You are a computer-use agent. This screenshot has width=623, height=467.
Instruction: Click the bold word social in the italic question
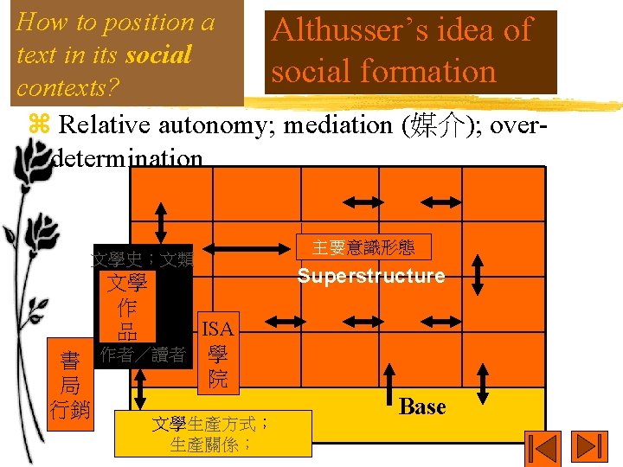[x=157, y=55]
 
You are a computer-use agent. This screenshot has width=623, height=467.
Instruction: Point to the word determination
[x=127, y=159]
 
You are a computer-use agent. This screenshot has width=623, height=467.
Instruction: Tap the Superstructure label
[x=371, y=276]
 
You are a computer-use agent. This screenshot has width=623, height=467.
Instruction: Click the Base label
[x=422, y=406]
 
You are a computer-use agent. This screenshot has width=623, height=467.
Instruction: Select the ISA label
[x=215, y=329]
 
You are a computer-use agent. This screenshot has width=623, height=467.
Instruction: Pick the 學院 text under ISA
[x=217, y=367]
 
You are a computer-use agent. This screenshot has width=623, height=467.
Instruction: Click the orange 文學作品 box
[x=127, y=308]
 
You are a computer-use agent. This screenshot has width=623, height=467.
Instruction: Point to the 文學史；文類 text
[x=143, y=259]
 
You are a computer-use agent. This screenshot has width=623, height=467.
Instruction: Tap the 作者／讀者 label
[x=143, y=355]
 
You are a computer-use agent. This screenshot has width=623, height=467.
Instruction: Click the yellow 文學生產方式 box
[x=212, y=434]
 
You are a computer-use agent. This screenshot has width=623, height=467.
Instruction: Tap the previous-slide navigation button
[x=543, y=448]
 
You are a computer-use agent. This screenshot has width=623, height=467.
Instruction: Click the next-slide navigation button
[x=592, y=448]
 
